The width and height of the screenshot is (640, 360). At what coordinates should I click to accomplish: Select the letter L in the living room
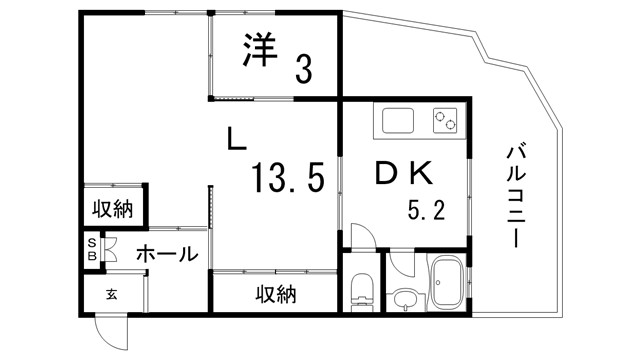click(x=236, y=140)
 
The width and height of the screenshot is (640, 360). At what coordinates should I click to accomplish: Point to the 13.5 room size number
click(x=287, y=180)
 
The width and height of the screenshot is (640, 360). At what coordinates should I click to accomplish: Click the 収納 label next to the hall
click(x=113, y=209)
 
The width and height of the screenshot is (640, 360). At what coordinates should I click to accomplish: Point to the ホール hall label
click(x=166, y=255)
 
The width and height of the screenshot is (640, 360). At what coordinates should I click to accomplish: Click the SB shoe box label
click(x=91, y=250)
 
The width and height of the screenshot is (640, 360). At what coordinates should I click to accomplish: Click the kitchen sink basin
click(x=397, y=121)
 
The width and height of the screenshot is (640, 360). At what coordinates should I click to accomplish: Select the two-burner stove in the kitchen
click(x=445, y=122)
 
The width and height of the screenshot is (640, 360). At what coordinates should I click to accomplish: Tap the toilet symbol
click(x=361, y=292)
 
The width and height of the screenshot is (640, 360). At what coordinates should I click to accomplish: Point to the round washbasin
click(x=404, y=299)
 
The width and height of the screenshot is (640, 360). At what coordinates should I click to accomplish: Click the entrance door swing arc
click(x=111, y=331)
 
